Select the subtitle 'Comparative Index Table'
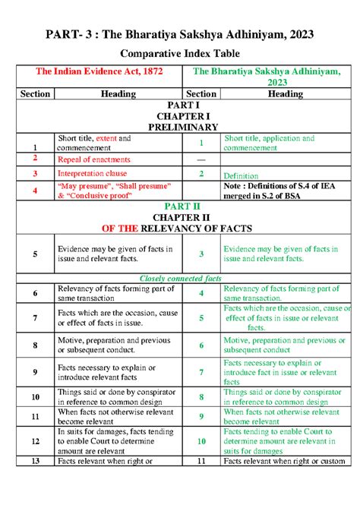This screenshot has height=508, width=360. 180,55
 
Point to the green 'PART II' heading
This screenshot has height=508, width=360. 181,205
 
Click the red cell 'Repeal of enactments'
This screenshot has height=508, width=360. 93,159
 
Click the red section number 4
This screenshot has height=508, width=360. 35,190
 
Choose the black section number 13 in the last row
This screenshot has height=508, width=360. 35,461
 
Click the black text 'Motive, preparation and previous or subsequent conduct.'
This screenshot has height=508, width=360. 114,345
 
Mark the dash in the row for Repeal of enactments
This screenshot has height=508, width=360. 201,159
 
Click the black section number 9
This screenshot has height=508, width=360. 35,372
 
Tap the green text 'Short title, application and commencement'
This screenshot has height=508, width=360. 270,144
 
